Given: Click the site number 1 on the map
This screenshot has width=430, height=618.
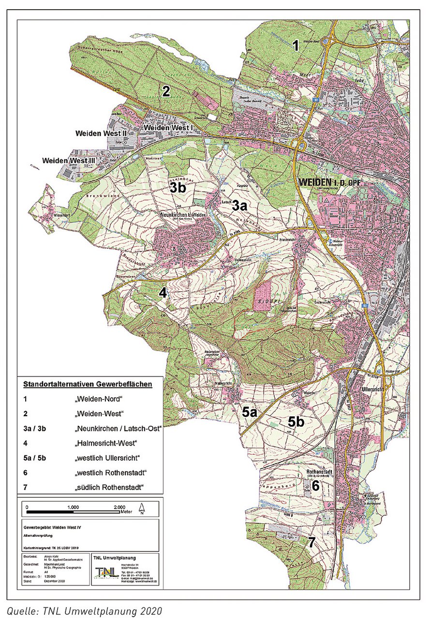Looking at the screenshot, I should tap(296, 46).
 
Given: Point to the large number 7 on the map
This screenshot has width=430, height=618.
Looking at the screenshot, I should tap(312, 542).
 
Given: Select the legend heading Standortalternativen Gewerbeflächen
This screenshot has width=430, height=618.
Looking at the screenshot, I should tap(88, 385).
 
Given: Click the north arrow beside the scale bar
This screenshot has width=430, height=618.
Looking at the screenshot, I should tap(142, 508).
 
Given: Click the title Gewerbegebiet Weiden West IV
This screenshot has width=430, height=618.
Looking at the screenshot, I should tap(53, 528).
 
